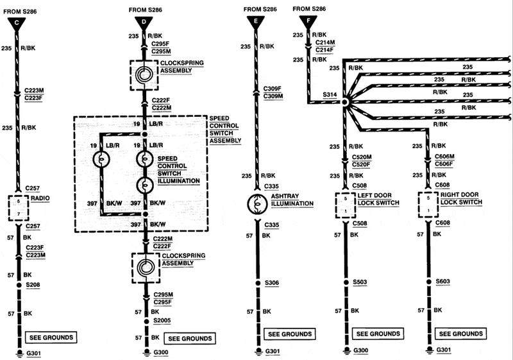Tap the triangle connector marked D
click(144, 23)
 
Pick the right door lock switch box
click(428, 204)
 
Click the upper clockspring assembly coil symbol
click(144, 74)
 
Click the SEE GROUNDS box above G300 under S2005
click(189, 338)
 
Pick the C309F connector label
click(272, 88)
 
